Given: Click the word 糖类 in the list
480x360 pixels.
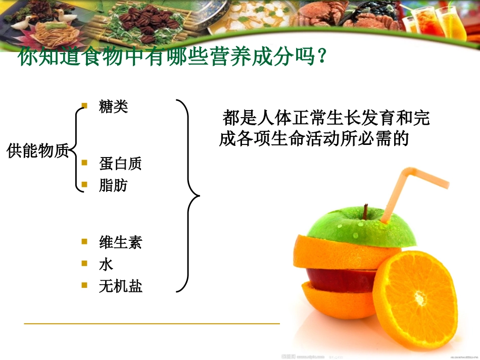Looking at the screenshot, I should (114, 107).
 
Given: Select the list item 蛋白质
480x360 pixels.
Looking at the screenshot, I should (121, 163).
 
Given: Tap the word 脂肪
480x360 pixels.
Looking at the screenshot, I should (114, 185).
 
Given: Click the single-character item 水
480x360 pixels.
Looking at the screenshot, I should (106, 264).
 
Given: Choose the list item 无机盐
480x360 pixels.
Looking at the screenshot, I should (121, 286).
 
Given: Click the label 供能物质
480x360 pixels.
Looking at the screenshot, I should (38, 150).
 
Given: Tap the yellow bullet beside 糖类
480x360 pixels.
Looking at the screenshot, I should (85, 106).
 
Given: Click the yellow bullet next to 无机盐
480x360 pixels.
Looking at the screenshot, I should (85, 285).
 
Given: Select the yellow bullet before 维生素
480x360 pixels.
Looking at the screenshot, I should (85, 241).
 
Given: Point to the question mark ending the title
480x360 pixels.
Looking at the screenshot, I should (318, 57).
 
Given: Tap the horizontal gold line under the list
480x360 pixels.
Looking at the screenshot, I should (152, 323).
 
